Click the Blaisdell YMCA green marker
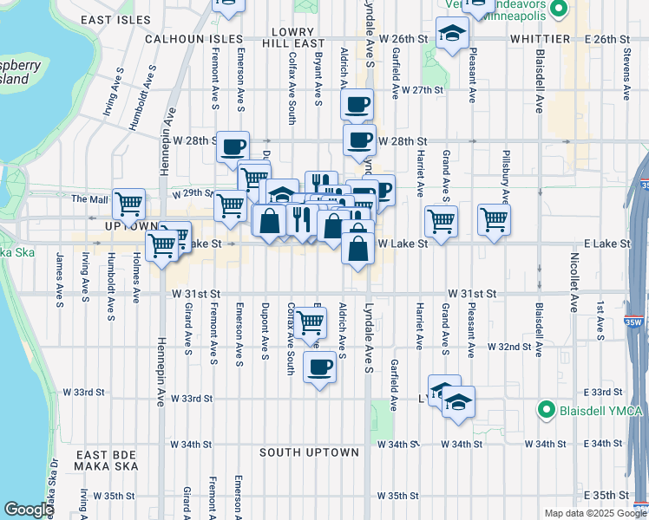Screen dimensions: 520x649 click(546, 409)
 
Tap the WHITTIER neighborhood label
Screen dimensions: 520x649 click(540, 39)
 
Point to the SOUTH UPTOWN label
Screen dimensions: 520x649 click(309, 452)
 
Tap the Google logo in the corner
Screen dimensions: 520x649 click(29, 510)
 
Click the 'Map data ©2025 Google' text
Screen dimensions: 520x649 click(594, 513)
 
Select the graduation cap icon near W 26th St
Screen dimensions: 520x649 click(451, 36)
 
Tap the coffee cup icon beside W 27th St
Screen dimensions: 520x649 click(357, 106)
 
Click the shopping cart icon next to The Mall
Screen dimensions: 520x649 click(128, 205)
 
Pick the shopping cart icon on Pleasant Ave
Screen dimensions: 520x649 click(494, 219)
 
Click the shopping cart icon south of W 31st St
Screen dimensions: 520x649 click(310, 323)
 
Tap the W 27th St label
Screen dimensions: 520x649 click(423, 89)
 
